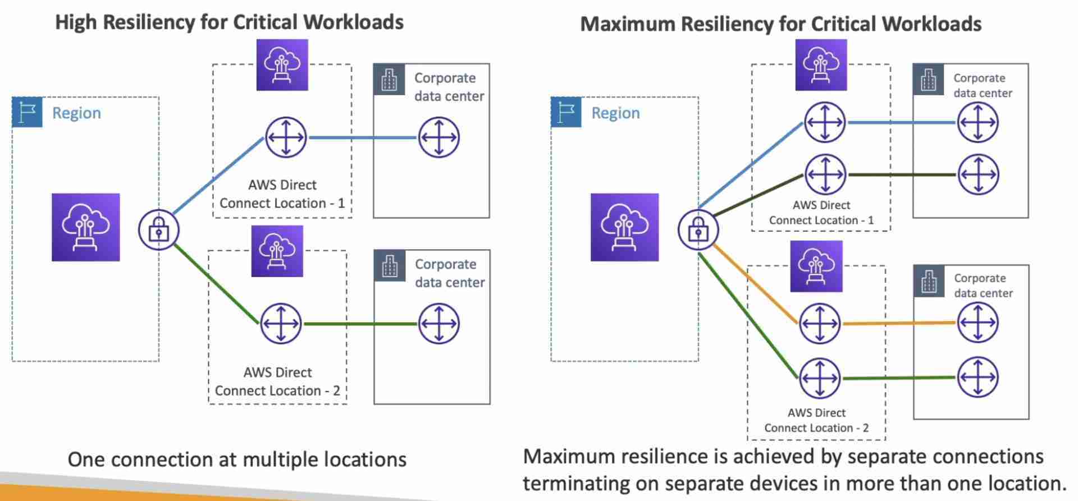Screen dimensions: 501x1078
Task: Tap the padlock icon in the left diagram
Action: [159, 230]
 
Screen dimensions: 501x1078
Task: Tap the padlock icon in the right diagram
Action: [698, 230]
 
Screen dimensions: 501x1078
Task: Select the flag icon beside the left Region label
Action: [27, 112]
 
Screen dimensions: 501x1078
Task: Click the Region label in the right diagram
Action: [615, 113]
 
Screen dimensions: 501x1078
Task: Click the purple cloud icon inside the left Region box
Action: [85, 227]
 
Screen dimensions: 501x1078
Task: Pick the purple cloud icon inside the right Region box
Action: [624, 227]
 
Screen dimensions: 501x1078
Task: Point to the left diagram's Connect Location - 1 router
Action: [286, 137]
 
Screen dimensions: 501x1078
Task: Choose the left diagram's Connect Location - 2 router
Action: [281, 324]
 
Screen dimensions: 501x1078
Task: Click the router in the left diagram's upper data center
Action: [438, 137]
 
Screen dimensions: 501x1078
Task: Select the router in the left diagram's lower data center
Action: [438, 324]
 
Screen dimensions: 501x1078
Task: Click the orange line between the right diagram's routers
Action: [898, 323]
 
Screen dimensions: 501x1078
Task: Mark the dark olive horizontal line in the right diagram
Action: [901, 175]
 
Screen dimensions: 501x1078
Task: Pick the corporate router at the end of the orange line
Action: [977, 323]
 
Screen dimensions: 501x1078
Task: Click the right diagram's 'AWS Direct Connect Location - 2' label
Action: [816, 420]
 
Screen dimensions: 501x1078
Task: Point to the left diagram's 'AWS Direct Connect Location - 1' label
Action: [282, 194]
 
